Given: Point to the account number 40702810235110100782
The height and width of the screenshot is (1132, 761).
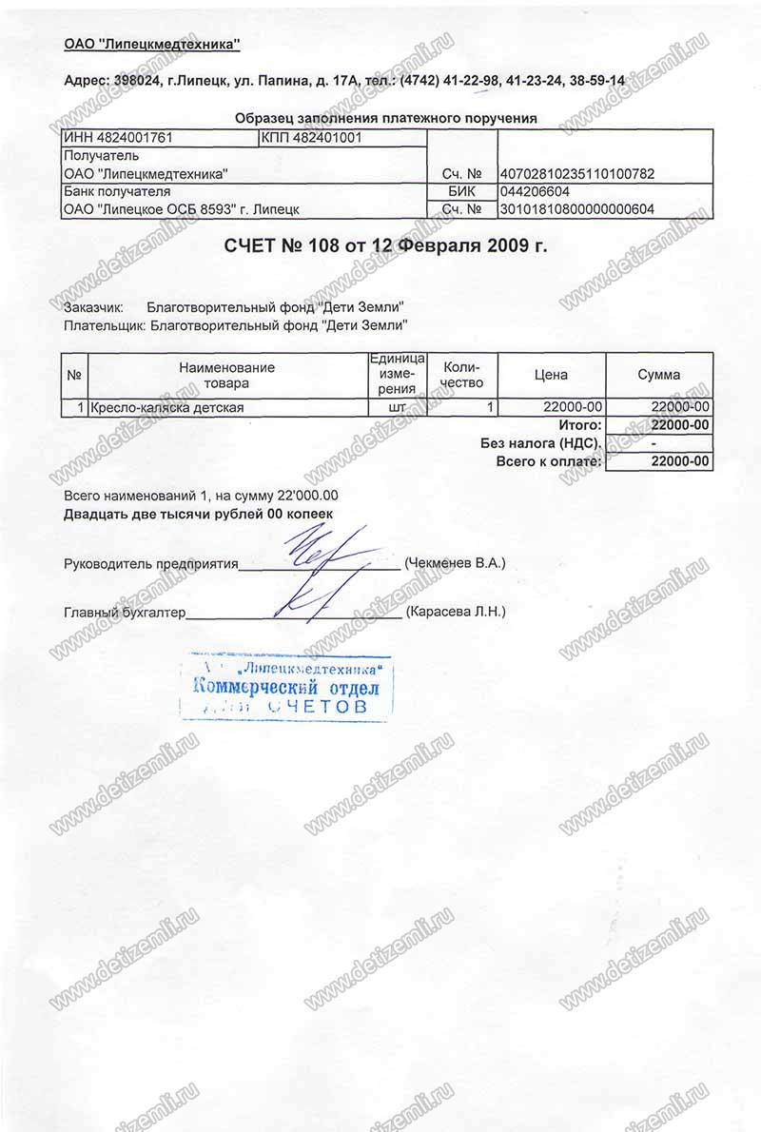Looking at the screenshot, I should coord(576,174).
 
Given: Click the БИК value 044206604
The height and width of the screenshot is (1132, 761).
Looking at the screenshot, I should coord(540,192).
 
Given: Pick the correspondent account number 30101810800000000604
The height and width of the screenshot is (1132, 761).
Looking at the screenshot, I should coord(576,209).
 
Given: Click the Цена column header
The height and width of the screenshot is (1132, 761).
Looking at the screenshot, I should coord(551,375).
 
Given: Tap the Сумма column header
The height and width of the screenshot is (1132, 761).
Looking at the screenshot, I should coord(658,375).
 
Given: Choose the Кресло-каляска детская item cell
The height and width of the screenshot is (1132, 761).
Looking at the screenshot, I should coord(167,408).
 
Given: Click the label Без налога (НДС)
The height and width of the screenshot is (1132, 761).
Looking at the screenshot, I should coord(539,443).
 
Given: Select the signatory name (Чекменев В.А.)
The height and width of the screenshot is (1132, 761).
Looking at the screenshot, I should coord(455,563).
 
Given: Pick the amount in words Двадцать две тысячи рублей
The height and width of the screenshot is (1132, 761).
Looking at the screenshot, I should coord(199,514).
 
